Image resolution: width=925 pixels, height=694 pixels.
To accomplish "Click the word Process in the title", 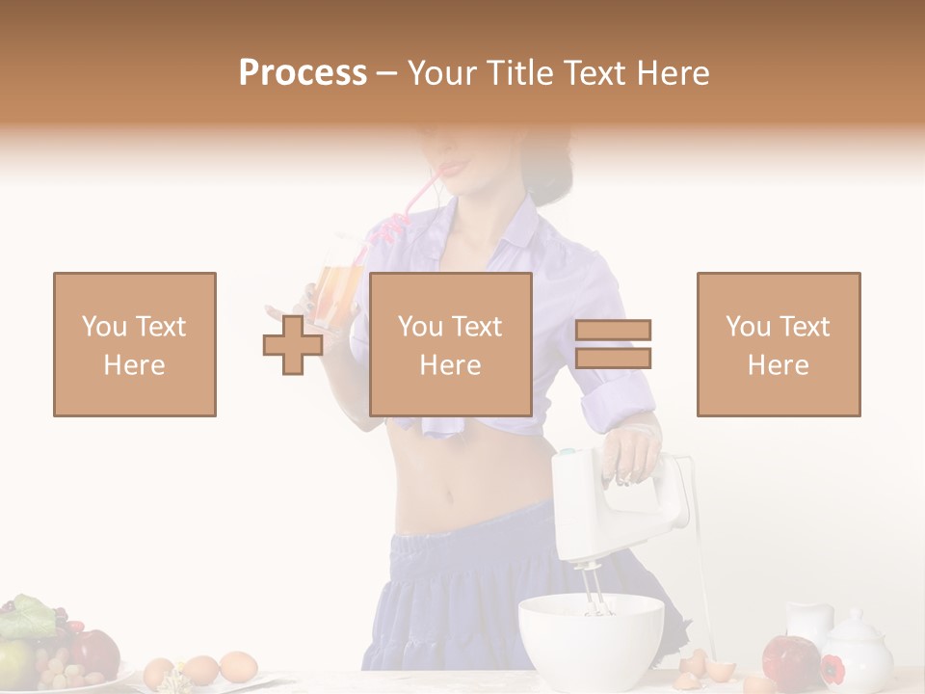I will (303, 72).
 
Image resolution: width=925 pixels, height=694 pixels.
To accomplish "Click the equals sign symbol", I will (613, 344).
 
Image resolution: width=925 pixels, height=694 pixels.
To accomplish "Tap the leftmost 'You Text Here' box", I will (135, 344).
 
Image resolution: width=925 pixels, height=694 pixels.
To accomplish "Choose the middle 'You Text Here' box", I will (451, 344).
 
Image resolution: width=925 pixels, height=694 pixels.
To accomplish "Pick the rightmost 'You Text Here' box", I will (779, 344).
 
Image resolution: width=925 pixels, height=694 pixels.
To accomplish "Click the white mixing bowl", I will (591, 641).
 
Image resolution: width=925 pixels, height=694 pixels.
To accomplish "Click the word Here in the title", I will (671, 72).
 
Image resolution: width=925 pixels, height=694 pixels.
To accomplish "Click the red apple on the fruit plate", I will (94, 653).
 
